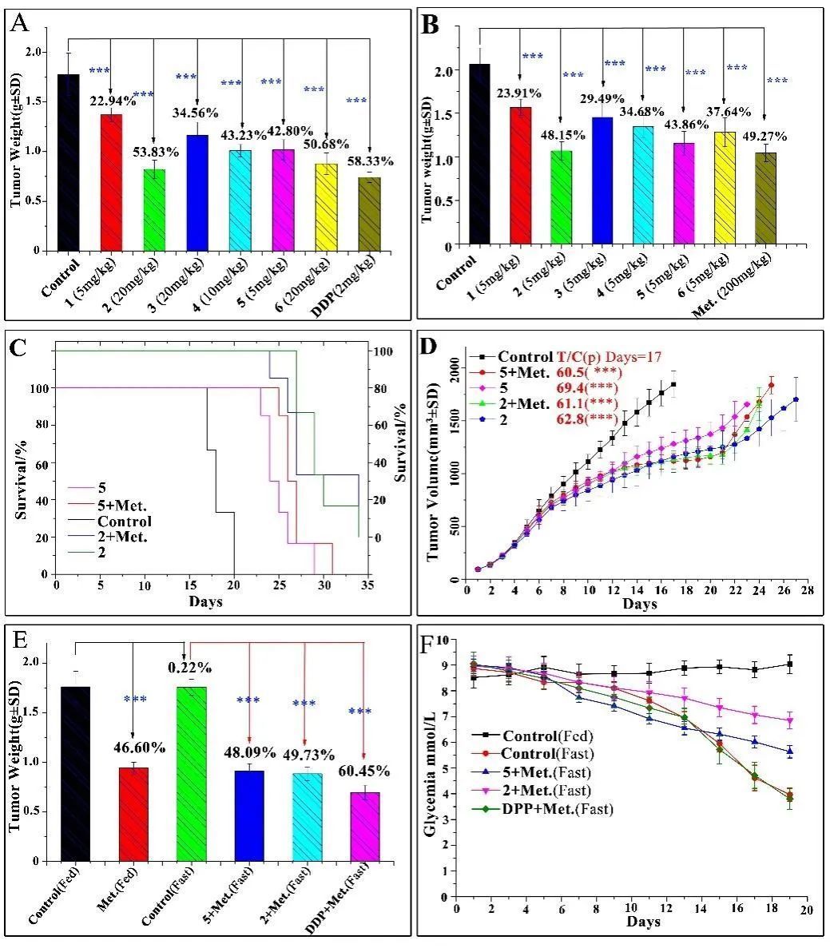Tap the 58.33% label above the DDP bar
pos(369,161)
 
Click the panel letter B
pos(430,26)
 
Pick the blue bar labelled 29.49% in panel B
pos(602,180)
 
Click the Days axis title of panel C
pos(205,601)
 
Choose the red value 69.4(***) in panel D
pos(589,387)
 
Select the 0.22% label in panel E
pos(189,668)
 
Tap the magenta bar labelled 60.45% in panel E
pos(364,826)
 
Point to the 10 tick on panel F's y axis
pos(444,641)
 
